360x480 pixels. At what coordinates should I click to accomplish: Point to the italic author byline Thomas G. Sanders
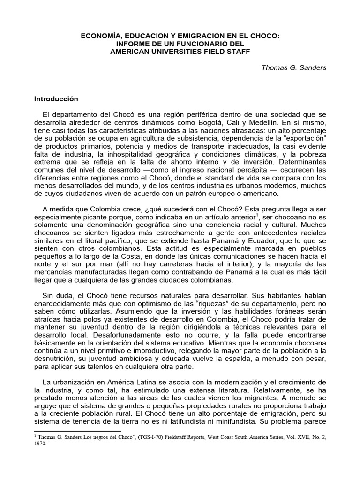(294, 67)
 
